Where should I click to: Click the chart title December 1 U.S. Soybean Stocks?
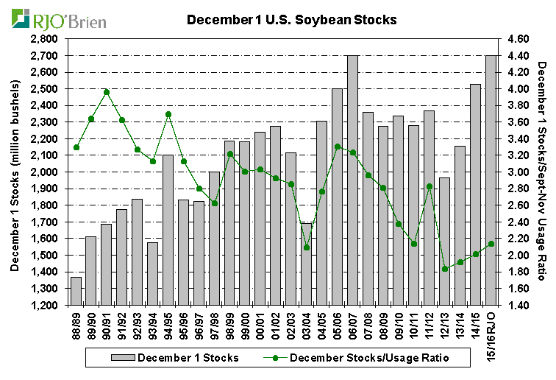[292, 20]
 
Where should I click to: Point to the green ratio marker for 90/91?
[107, 92]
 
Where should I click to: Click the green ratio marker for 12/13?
[444, 269]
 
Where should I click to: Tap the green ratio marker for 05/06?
[337, 147]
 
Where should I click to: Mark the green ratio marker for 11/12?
[429, 187]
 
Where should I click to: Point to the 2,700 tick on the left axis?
[47, 55]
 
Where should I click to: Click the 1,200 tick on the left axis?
[47, 305]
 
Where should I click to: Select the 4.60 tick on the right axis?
[519, 38]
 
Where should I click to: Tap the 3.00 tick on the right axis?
[519, 172]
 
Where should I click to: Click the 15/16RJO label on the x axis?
[491, 331]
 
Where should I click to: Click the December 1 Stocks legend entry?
[165, 358]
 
